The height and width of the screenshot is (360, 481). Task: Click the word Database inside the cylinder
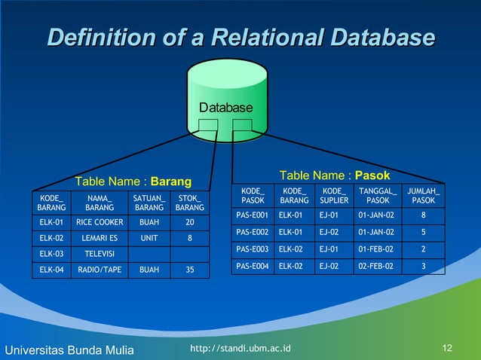226,108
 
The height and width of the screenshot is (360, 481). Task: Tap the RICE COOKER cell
100,222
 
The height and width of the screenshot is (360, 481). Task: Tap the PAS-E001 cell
253,215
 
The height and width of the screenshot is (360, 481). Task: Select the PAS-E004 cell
253,266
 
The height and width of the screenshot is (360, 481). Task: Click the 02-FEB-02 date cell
375,266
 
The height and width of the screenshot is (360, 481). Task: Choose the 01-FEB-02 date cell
375,249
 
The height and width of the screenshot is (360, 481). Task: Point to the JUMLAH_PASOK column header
424,196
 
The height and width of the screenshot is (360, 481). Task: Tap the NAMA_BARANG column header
100,203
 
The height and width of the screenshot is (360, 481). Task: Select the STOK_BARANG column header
190,203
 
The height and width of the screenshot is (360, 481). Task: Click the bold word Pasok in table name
372,175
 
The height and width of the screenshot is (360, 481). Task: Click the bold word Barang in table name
171,182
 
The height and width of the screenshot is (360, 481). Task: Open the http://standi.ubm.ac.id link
241,347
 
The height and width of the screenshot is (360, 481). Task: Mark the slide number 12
448,347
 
